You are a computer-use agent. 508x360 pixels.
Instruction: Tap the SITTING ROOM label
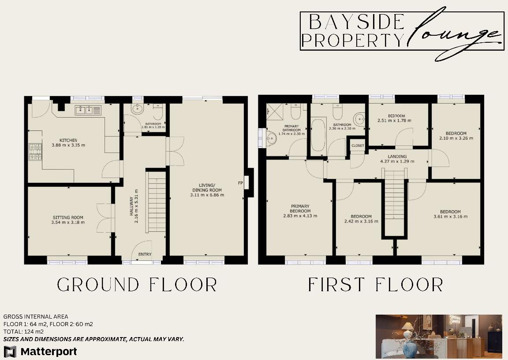point(68,217)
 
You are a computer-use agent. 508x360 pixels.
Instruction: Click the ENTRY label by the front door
point(145,254)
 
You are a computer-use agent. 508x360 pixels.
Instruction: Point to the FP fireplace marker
point(241,182)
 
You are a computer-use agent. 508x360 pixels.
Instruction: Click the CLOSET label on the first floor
point(358,145)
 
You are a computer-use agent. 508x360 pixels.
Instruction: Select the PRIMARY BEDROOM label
point(300,206)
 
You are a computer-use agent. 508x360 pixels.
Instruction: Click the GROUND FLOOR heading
point(137,285)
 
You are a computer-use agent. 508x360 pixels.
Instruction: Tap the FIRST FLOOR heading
point(375,285)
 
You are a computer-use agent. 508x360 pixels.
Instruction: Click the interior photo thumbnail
point(438,336)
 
